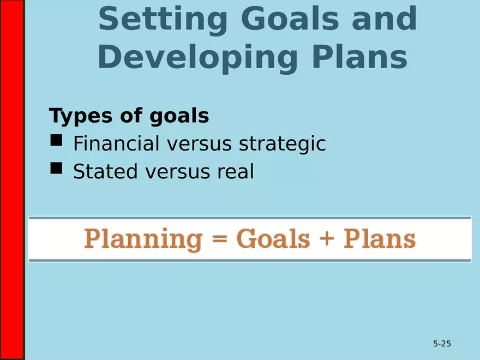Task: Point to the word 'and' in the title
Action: point(384,19)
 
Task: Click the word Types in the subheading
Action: point(81,116)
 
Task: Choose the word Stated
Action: point(106,172)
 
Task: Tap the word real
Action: point(236,172)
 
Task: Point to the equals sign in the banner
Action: point(218,240)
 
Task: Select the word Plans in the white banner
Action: point(380,239)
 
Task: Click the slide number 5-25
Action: point(442,344)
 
